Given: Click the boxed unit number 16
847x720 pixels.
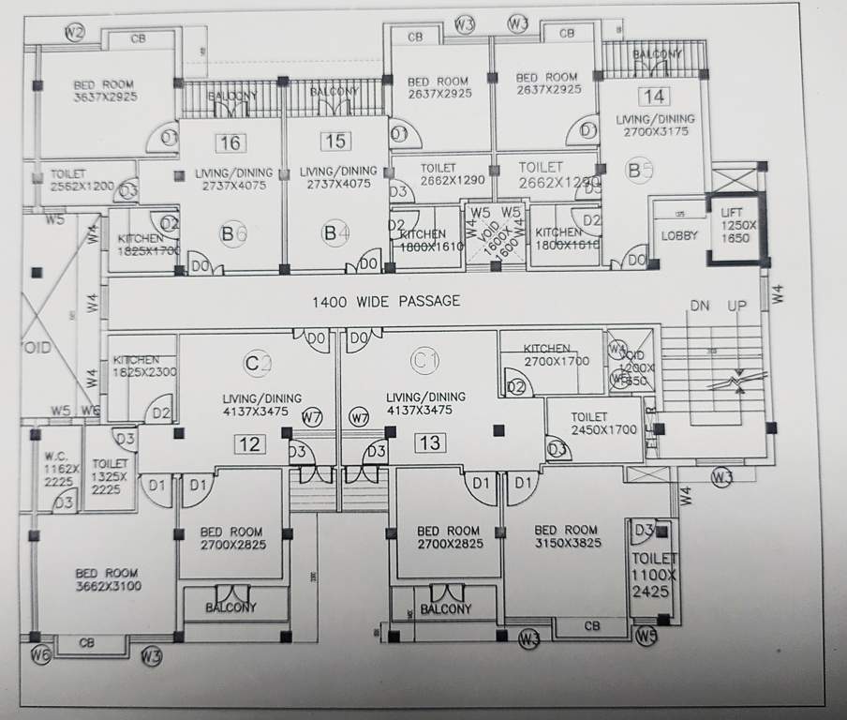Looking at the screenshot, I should click(x=230, y=143).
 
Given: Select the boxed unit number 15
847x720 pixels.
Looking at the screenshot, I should click(x=334, y=142).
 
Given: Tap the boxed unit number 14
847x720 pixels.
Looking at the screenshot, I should click(x=653, y=96).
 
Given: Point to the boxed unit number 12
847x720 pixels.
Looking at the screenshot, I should click(x=249, y=444).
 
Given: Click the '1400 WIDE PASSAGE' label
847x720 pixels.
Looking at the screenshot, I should click(x=386, y=301).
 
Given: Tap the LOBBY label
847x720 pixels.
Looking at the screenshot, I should click(x=679, y=235).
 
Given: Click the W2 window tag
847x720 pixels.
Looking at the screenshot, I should click(x=75, y=33).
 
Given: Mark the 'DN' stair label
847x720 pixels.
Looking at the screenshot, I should click(x=700, y=307).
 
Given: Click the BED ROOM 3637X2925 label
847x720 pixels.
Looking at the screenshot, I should click(x=104, y=91).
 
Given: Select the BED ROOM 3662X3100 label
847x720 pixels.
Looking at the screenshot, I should click(x=107, y=578).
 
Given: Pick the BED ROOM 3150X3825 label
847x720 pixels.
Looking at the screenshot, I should click(x=566, y=535).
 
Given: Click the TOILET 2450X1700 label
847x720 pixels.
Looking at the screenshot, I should click(x=588, y=423).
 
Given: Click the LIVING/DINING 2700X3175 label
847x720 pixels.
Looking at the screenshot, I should click(x=655, y=126).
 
